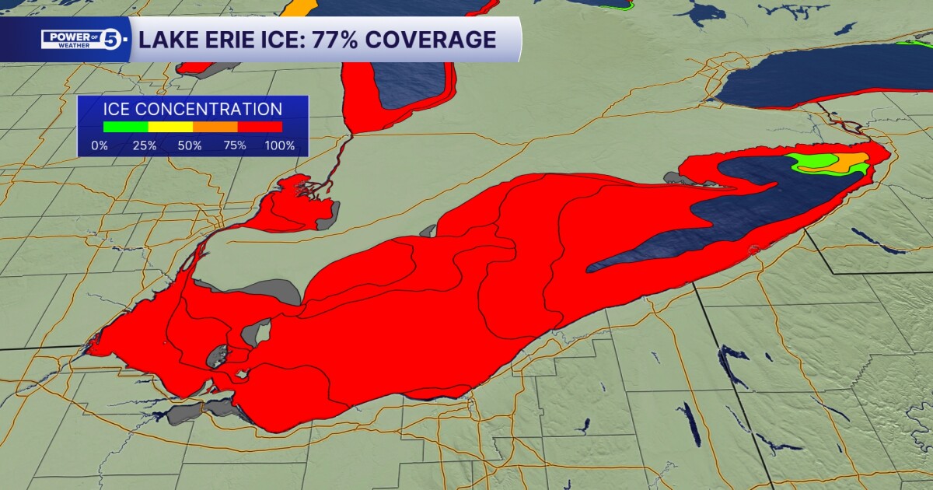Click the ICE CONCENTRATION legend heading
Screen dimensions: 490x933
tap(192, 110)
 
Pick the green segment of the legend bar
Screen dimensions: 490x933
tap(125, 127)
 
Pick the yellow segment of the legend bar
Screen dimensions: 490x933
tap(170, 127)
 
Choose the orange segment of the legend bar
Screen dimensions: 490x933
tap(215, 127)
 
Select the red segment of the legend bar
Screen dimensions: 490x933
tap(260, 127)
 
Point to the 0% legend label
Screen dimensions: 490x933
tap(100, 145)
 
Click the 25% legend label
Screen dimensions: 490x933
tap(145, 145)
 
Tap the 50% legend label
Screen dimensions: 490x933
tap(190, 145)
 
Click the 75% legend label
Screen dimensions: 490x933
tap(235, 145)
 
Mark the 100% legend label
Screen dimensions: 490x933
tap(280, 145)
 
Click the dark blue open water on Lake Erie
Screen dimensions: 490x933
tap(723, 218)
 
